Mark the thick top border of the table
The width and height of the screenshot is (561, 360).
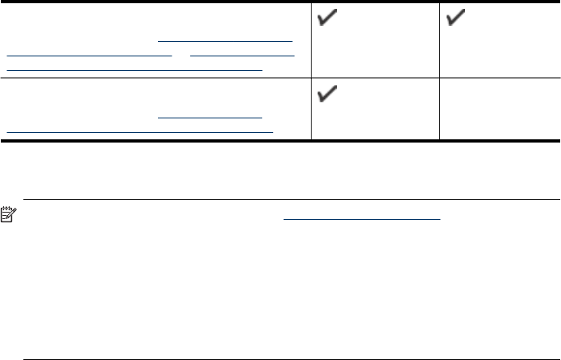[280, 2]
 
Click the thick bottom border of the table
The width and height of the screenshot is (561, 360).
[280, 141]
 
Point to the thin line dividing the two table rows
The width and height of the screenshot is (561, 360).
[280, 77]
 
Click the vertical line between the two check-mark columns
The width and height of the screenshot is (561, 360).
[439, 40]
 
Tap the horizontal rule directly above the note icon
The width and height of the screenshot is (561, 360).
[290, 199]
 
